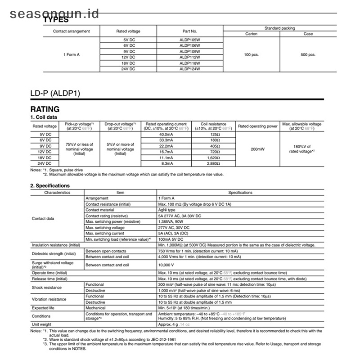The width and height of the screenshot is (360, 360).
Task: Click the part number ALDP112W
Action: tap(189, 57)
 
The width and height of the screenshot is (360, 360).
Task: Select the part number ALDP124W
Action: tap(189, 69)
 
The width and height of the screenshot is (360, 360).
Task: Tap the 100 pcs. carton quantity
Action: tap(251, 54)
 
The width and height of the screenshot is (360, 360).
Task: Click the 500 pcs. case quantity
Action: tap(308, 54)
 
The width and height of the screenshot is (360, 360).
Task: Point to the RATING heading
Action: tap(45, 109)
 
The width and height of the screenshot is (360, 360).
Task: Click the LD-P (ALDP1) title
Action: tap(55, 94)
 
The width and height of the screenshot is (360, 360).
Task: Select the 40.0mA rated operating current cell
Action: tap(166, 135)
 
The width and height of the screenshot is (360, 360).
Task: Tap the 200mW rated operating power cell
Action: tap(257, 149)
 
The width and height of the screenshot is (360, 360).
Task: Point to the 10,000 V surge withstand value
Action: tap(167, 265)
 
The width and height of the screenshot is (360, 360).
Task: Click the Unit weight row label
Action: tap(41, 324)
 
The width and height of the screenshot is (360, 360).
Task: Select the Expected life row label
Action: tap(43, 308)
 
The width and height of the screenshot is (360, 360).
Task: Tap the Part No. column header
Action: tap(189, 31)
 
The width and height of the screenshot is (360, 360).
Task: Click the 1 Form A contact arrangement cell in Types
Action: tap(71, 54)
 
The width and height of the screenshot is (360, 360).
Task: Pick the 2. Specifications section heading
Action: tap(50, 185)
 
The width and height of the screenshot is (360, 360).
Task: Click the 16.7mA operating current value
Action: tap(166, 152)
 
